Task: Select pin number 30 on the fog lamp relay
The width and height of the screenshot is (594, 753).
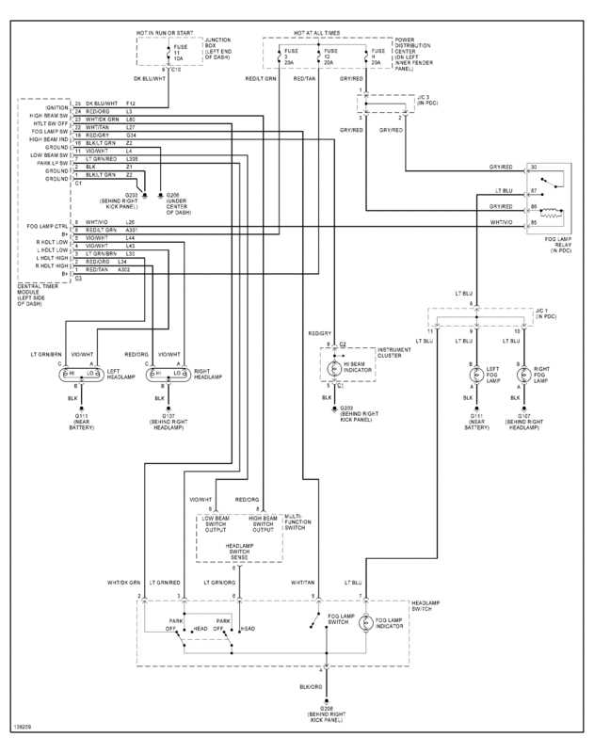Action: pos(534,168)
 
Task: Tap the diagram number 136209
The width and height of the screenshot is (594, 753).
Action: pos(22,728)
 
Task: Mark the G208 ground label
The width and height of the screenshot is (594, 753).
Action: pos(327,713)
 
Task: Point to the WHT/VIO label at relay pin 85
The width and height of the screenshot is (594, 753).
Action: pos(501,222)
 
